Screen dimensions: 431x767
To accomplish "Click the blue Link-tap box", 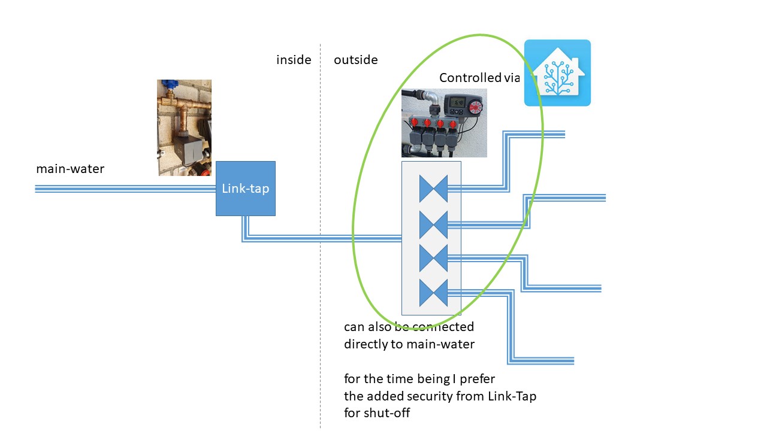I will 246,189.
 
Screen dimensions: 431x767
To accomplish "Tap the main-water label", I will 70,169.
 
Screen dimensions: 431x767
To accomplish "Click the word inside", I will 294,60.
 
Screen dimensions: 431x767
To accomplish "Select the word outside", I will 356,60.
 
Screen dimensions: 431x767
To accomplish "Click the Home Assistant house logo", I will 557,73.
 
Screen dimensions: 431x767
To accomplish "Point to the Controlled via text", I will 479,78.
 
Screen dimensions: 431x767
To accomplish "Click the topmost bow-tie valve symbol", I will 433,189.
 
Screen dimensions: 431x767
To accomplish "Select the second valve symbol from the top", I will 433,224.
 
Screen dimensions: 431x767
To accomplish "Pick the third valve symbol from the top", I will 433,258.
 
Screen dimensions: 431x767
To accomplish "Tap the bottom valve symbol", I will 433,292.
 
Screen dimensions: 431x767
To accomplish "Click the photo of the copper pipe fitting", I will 185,128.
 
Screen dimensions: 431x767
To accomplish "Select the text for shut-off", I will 377,412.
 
